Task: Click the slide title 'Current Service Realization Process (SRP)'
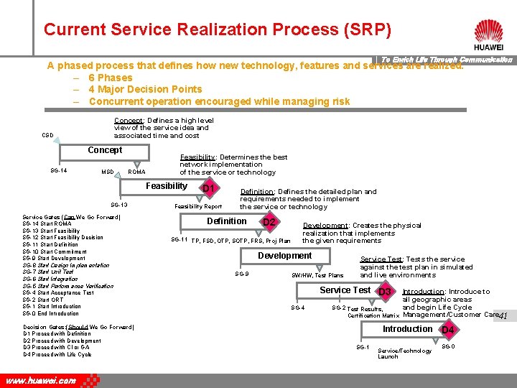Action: point(218,30)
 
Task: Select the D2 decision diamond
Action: point(270,223)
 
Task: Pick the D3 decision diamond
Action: point(385,292)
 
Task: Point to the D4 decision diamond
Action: point(448,331)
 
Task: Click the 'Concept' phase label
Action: point(105,150)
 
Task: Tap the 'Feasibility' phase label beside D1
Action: point(167,186)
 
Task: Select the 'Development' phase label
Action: point(285,256)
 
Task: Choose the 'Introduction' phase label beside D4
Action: point(408,329)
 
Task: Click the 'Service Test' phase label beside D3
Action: point(345,290)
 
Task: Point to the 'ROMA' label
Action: point(136,172)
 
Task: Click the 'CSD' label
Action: point(47,135)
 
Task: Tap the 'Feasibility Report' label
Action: point(198,206)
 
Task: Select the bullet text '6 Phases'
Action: point(111,78)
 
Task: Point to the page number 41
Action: point(503,316)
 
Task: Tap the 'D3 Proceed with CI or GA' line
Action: point(55,348)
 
